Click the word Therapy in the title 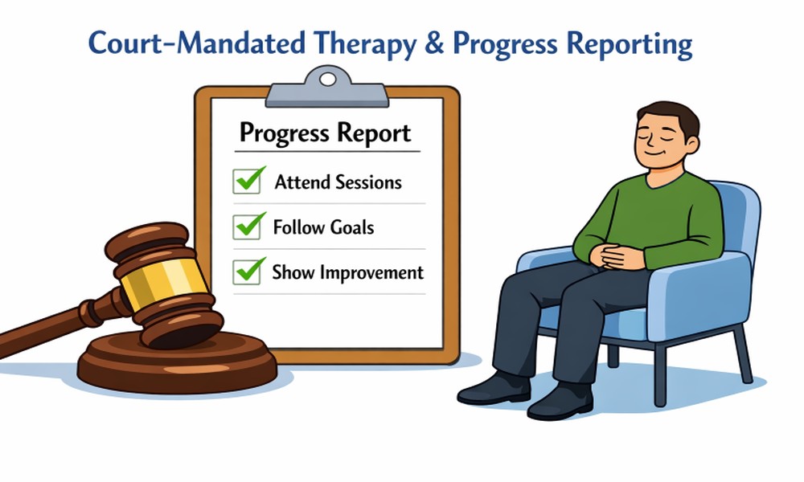coord(364,44)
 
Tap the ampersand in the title coord(434,43)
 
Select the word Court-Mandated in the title coord(197,43)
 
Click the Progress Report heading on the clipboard coord(325,133)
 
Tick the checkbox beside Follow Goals coord(247,227)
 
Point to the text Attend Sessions coord(338,182)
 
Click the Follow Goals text coord(323,227)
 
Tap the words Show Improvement coord(347,273)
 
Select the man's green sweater coord(650,220)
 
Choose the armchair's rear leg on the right coord(745,354)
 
